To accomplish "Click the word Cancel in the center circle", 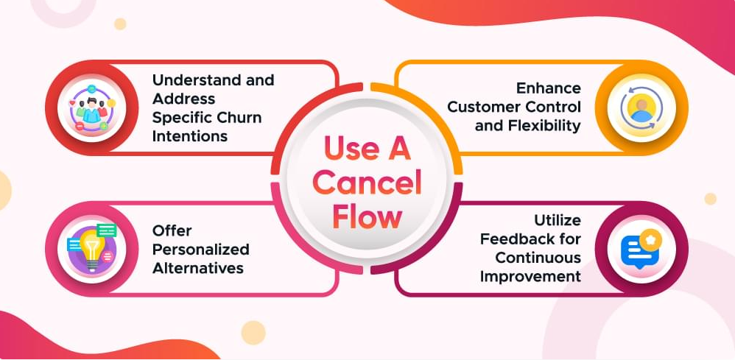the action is (367, 184).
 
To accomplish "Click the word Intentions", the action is (190, 136).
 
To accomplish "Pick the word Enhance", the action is (549, 88).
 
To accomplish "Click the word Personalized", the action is (200, 250).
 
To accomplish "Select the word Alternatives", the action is (198, 268).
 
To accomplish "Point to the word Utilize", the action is (558, 220).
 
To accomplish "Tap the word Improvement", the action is (530, 277).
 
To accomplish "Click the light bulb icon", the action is (91, 248).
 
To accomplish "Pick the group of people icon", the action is (91, 107).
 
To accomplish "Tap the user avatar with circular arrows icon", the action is (641, 107).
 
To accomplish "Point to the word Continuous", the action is (538, 258).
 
